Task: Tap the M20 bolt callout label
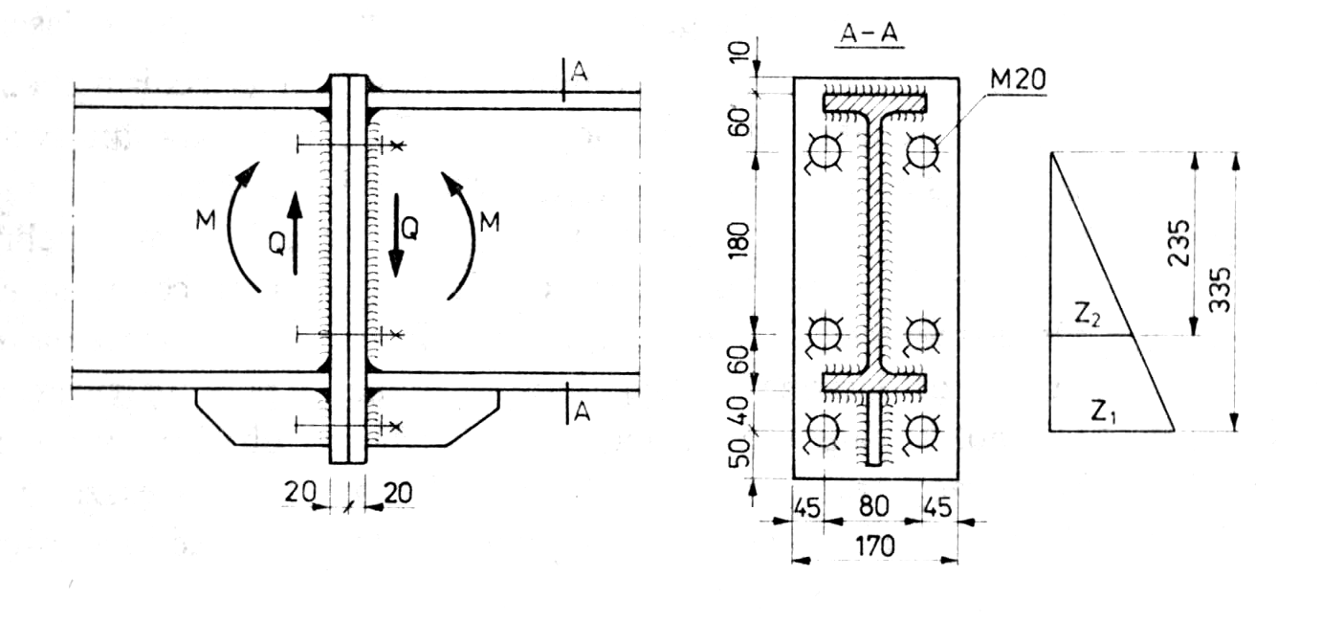[x=1017, y=80]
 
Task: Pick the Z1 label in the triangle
[x=1103, y=412]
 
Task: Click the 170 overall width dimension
[x=873, y=546]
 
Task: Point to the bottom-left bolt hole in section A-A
[x=824, y=432]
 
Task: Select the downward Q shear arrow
[x=396, y=234]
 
